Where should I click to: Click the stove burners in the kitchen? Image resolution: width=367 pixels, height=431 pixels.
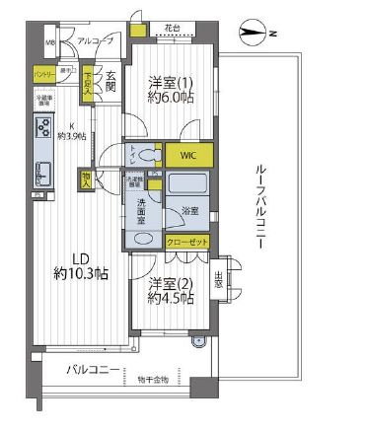pos(44,127)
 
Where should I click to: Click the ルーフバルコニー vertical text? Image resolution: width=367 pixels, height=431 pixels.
pos(258,206)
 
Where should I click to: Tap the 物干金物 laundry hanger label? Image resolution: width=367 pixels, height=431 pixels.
pos(153,379)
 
